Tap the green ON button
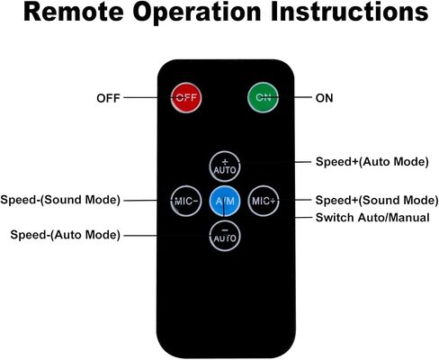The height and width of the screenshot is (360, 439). [x=263, y=97]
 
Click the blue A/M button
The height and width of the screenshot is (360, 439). [x=225, y=201]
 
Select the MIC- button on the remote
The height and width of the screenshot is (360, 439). [x=186, y=201]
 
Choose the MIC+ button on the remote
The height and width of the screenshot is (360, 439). [x=264, y=201]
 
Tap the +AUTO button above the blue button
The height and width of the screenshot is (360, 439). [x=225, y=166]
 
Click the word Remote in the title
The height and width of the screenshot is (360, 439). [x=74, y=12]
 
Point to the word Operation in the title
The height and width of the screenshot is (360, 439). [x=197, y=13]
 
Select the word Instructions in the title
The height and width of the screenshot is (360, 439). [x=350, y=12]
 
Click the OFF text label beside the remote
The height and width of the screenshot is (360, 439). [x=108, y=98]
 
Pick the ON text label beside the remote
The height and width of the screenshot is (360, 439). [x=324, y=98]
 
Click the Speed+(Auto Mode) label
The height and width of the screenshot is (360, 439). [x=372, y=162]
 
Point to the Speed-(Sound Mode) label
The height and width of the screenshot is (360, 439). [x=60, y=200]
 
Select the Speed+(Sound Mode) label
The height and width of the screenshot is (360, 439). [x=377, y=201]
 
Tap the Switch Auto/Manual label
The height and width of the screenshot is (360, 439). [x=372, y=218]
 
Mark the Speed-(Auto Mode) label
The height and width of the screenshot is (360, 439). [x=66, y=235]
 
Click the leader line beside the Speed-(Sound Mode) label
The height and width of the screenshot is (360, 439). [x=148, y=201]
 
